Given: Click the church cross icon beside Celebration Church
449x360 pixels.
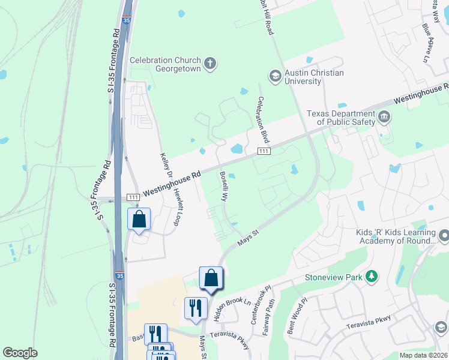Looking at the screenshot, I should (209, 64).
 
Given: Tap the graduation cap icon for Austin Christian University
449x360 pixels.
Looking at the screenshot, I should (275, 76).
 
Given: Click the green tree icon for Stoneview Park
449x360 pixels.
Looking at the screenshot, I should (373, 276).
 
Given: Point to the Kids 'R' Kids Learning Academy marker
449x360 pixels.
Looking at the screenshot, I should (444, 235).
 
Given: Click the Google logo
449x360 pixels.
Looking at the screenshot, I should (20, 352).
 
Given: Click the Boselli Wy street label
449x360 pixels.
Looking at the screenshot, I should (223, 187).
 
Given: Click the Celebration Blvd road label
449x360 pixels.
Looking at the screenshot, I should (262, 119).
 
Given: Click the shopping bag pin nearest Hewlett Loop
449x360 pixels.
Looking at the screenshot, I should (139, 220).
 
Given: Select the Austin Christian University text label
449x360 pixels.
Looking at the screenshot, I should (314, 77).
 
